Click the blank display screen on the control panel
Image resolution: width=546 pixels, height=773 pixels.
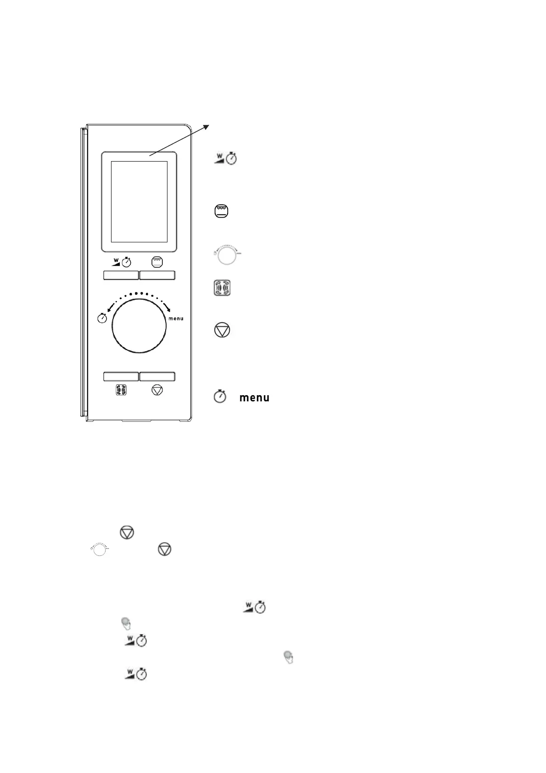[x=139, y=202]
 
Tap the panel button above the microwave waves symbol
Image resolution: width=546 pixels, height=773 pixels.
[x=121, y=376]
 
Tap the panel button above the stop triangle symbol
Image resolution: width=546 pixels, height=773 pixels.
[x=157, y=376]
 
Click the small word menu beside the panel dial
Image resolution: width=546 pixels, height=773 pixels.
[x=176, y=319]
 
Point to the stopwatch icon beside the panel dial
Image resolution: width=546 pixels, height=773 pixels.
[x=103, y=318]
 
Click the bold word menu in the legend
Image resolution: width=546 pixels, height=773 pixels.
[x=254, y=398]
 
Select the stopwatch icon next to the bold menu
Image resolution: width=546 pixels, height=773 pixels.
[x=220, y=397]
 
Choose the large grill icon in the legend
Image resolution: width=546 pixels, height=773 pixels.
[x=222, y=212]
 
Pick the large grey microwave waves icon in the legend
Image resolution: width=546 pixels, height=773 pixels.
[x=222, y=288]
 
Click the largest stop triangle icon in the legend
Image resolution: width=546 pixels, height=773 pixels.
[x=222, y=330]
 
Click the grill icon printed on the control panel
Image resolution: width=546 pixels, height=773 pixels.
[x=157, y=262]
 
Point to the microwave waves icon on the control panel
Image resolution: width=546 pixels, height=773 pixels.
[x=121, y=390]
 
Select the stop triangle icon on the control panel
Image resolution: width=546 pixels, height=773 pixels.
[x=157, y=390]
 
